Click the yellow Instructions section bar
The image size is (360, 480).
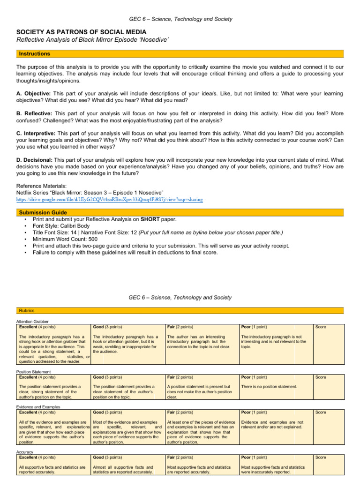[180, 54]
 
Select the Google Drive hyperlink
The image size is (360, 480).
[110, 199]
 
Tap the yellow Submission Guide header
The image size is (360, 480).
[180, 212]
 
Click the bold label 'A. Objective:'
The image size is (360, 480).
[35, 93]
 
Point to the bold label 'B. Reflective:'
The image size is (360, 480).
[35, 113]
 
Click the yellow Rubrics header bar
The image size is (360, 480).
[180, 310]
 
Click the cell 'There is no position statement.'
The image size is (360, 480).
[269, 386]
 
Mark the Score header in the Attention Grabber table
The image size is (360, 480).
[321, 327]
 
